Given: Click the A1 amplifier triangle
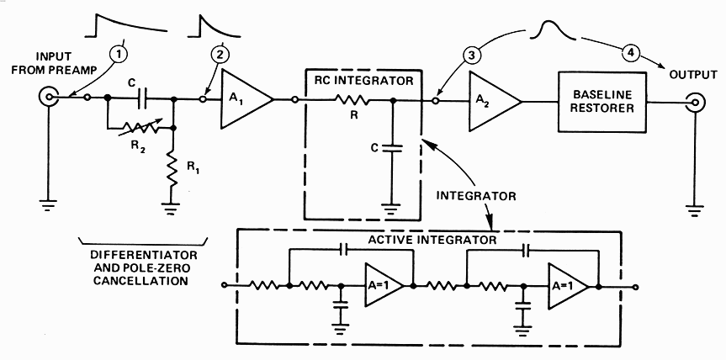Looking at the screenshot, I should coord(241,99).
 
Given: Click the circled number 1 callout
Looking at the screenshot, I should coord(122,53).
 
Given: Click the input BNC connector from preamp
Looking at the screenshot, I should coord(48,99).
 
